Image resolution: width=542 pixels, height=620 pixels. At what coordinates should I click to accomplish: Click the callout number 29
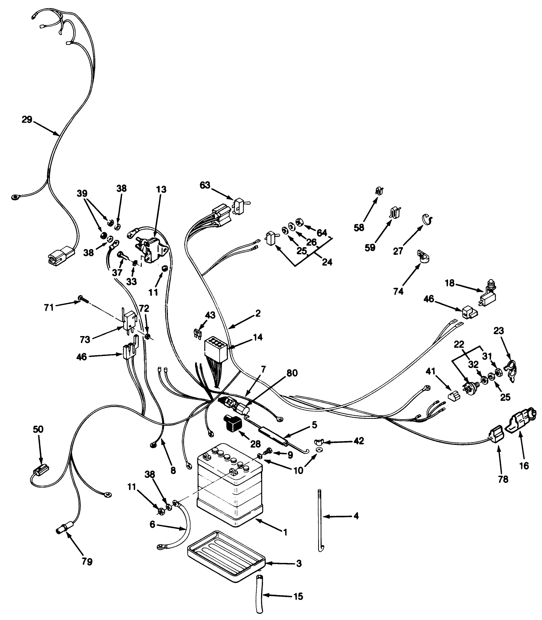pos(26,120)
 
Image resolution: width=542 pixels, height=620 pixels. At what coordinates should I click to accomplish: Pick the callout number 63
pos(205,185)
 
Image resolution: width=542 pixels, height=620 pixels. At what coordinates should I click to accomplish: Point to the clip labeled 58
pos(379,190)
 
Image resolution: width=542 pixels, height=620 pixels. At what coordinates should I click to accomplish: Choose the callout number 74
pos(398,292)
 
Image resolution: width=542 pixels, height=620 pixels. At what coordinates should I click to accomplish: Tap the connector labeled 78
pos(495,435)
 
